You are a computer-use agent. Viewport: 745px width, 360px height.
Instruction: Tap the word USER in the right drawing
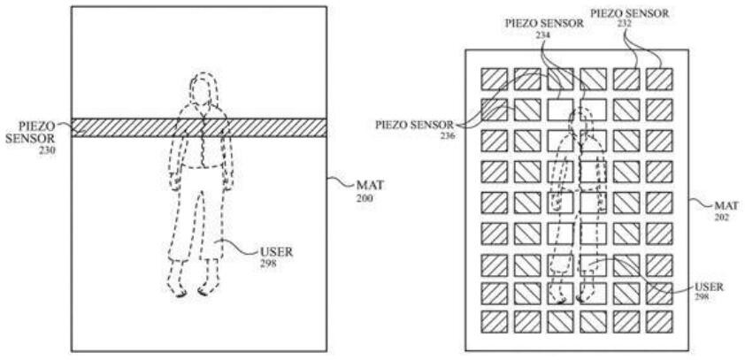(707, 287)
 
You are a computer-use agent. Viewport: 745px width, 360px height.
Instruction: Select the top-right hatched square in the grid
(658, 79)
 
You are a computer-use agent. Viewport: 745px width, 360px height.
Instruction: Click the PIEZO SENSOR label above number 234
(543, 24)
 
